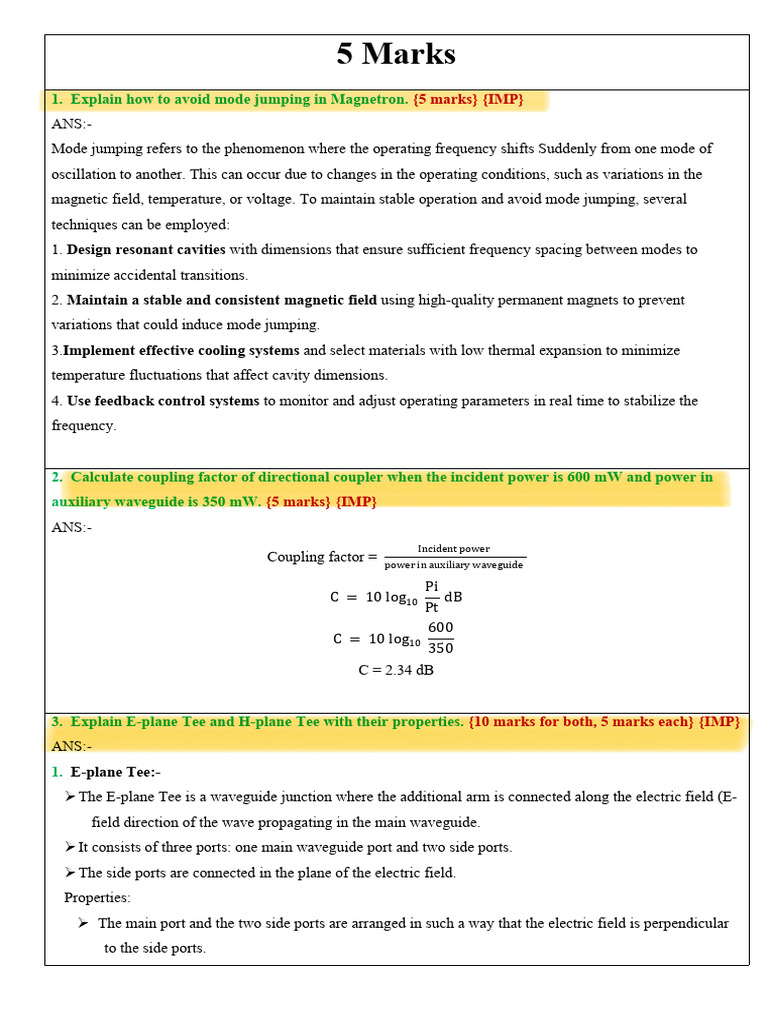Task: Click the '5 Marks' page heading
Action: pyautogui.click(x=396, y=54)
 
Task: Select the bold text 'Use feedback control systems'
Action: pyautogui.click(x=163, y=400)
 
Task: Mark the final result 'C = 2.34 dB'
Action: pyautogui.click(x=396, y=670)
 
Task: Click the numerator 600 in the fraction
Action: pyautogui.click(x=440, y=627)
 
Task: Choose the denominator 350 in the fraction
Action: pyautogui.click(x=440, y=648)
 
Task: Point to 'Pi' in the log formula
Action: pyautogui.click(x=431, y=586)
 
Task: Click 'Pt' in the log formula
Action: pyautogui.click(x=431, y=606)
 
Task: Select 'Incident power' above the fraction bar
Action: pyautogui.click(x=453, y=548)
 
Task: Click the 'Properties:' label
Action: pyautogui.click(x=97, y=897)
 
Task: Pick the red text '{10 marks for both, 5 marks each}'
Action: pyautogui.click(x=580, y=721)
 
